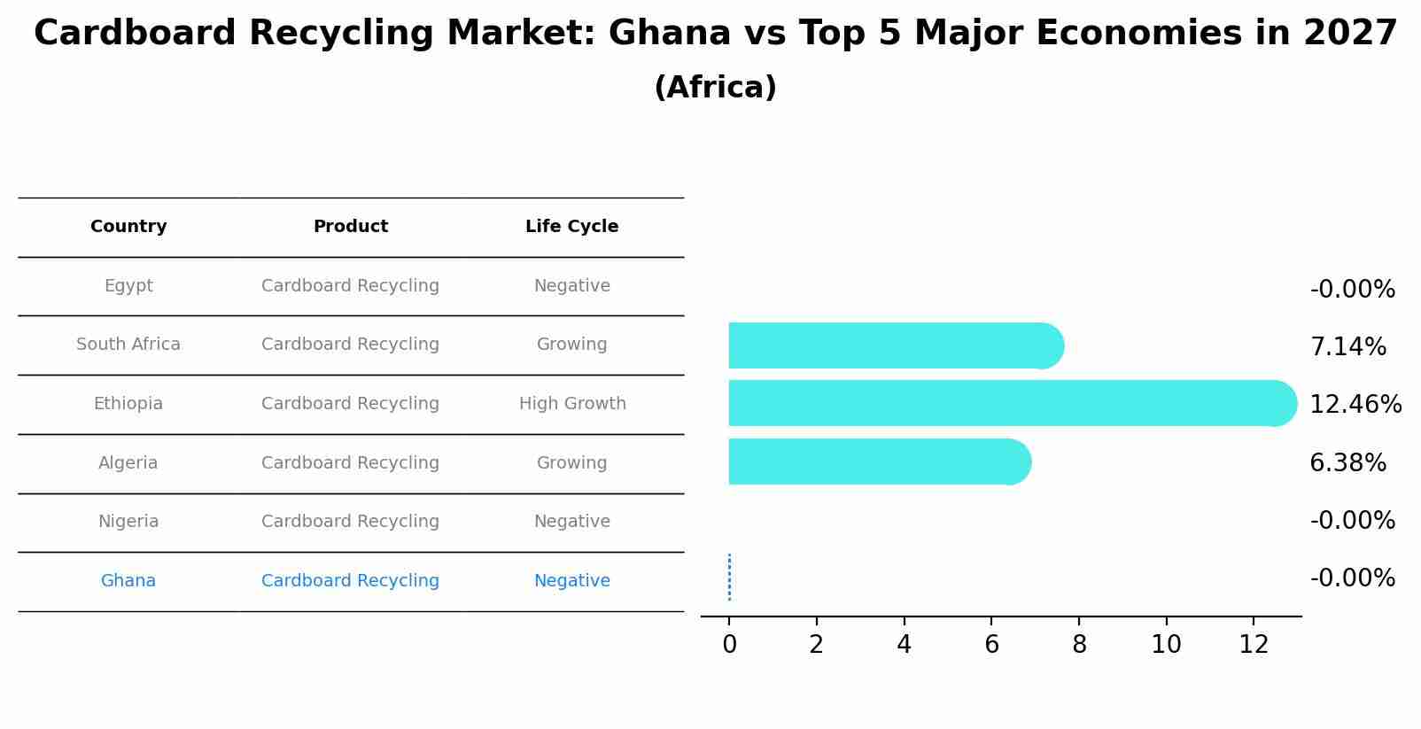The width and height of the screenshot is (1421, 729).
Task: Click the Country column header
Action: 128,227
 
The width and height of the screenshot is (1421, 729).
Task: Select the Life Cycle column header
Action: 571,227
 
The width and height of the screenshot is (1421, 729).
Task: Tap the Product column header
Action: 350,227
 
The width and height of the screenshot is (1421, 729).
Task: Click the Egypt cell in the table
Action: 128,286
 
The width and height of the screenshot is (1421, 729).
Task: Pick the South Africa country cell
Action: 128,345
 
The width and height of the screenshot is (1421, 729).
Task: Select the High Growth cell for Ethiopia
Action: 572,404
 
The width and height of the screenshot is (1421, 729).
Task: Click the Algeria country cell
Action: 128,463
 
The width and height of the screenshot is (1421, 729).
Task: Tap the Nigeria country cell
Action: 128,522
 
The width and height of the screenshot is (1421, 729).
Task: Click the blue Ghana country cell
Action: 128,581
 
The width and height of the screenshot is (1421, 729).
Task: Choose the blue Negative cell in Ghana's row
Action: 571,581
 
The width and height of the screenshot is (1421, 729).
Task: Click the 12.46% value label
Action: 1355,405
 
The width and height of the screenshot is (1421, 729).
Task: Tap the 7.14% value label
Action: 1347,347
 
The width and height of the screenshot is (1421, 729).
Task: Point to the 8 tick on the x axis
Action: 1079,645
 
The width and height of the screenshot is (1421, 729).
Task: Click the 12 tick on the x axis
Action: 1254,645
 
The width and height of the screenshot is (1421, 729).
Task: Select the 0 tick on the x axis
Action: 729,645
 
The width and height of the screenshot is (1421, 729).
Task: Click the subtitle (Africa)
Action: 715,88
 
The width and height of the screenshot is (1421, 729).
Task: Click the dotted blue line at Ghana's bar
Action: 729,578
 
